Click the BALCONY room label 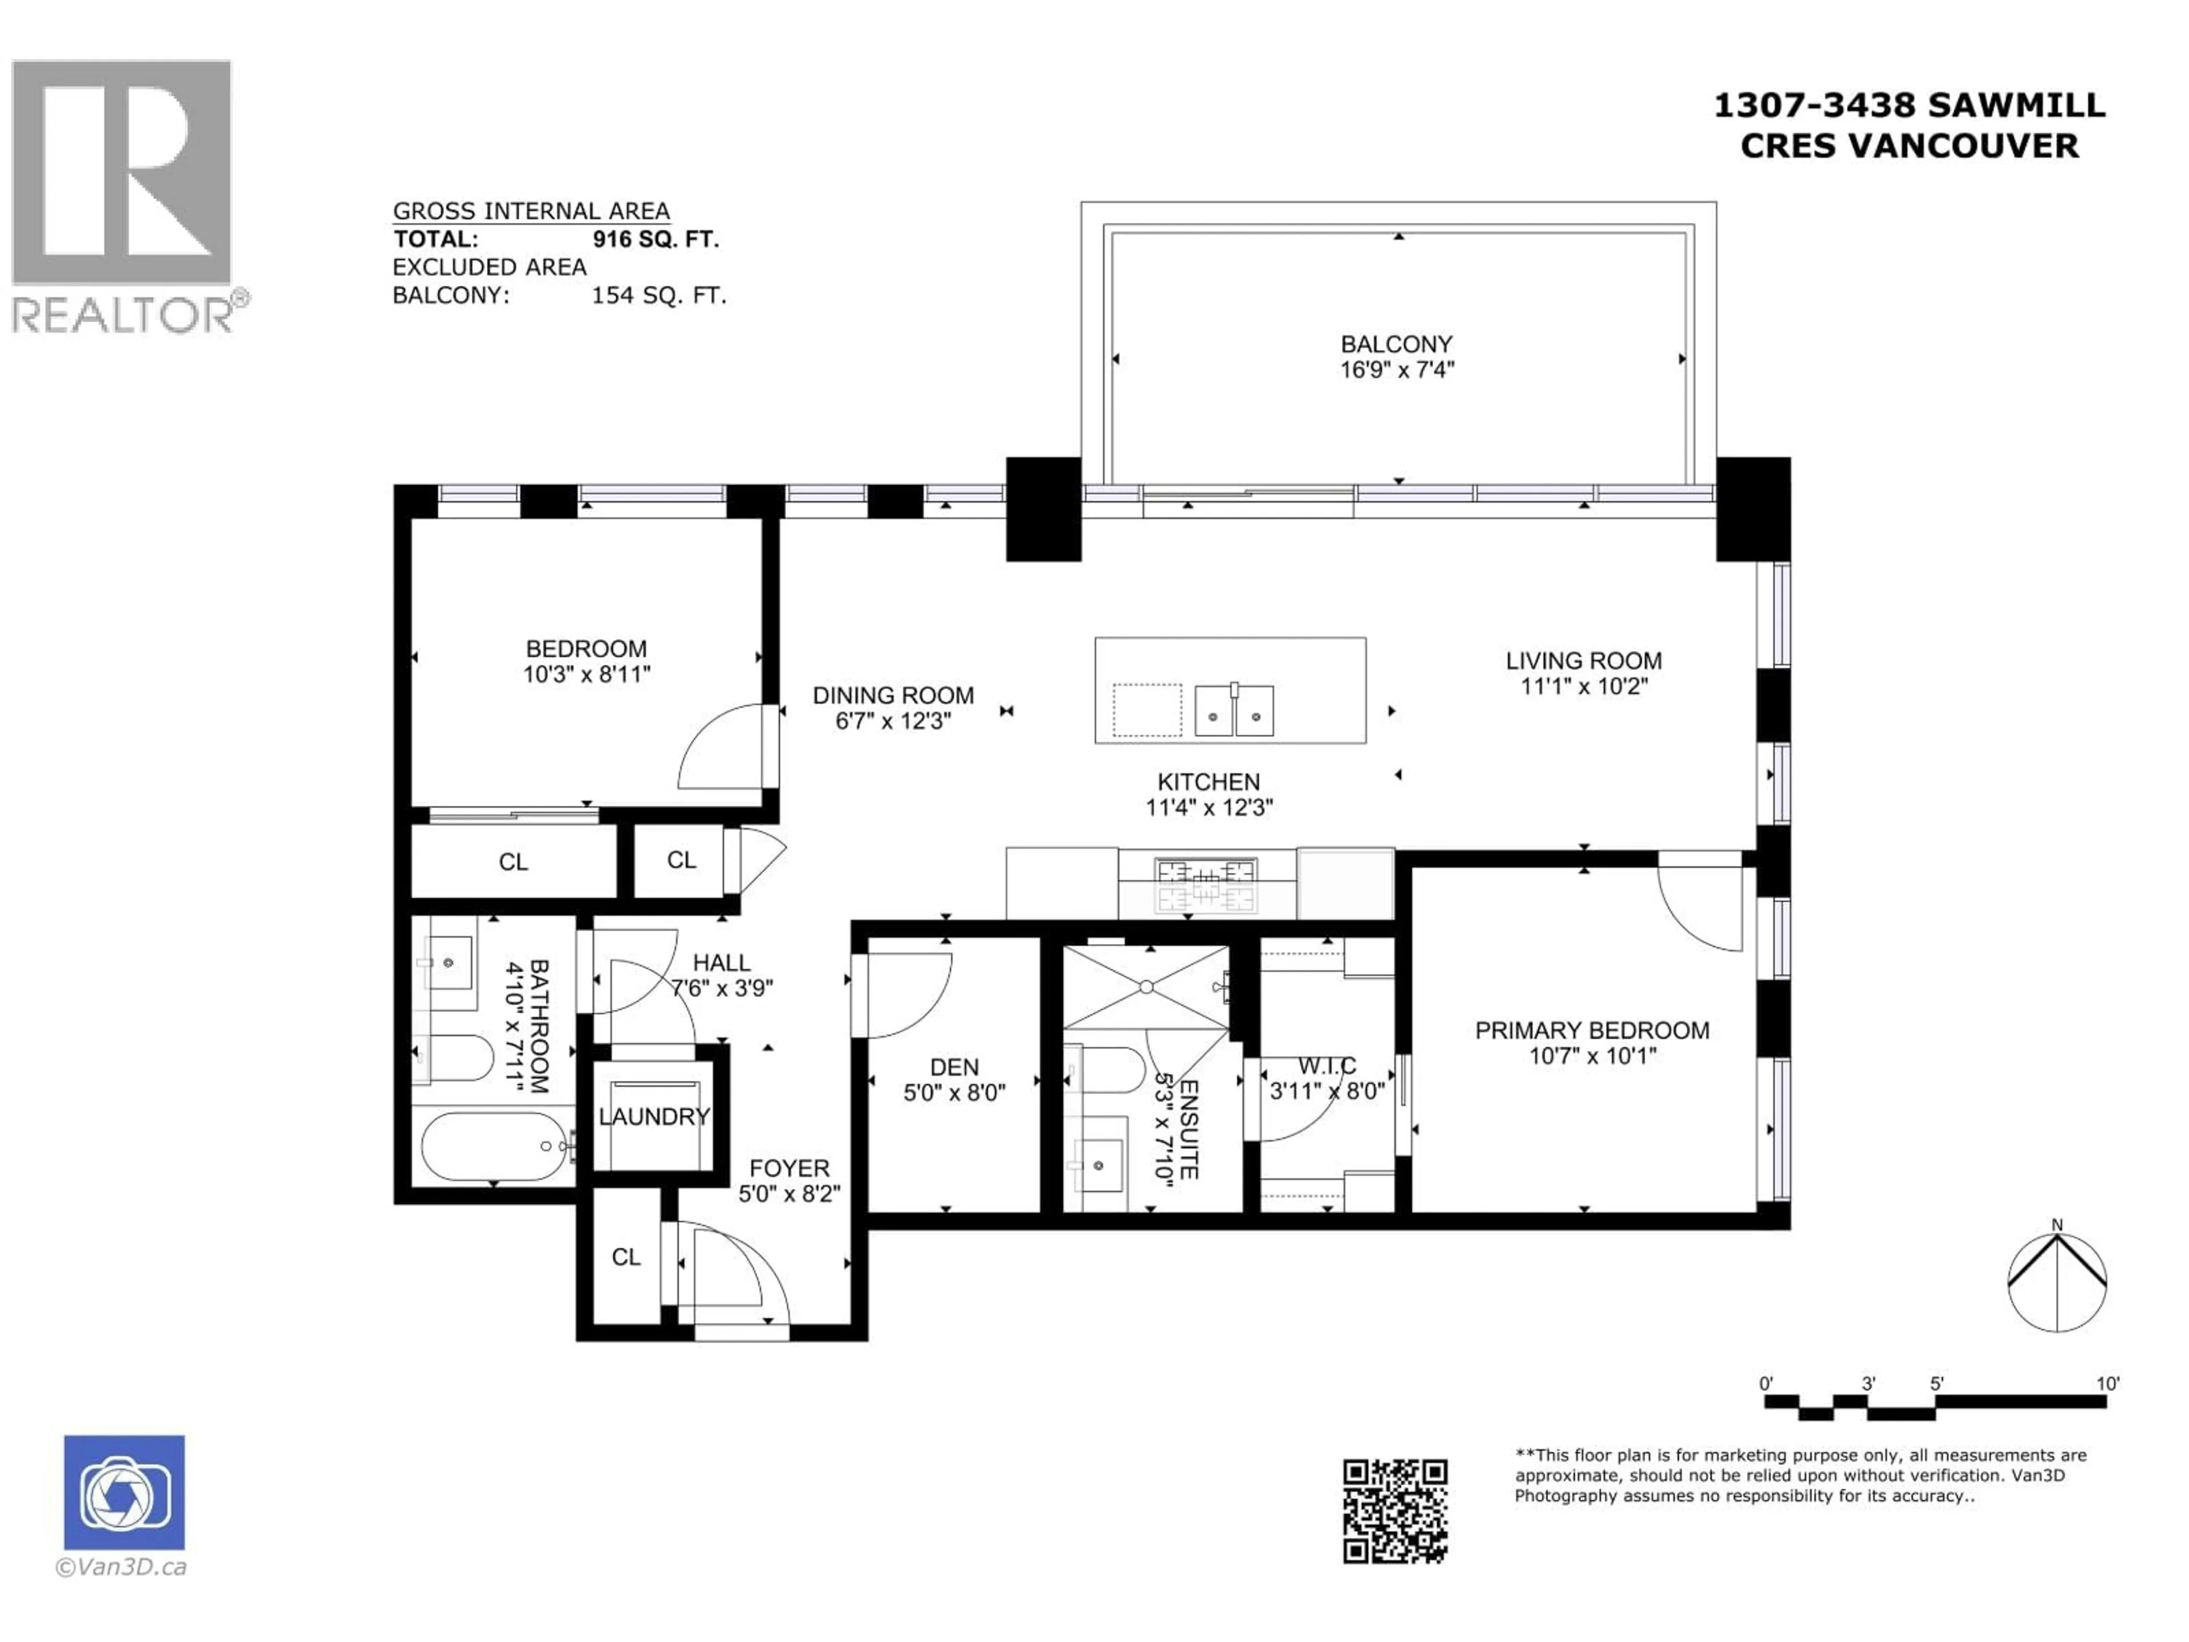point(1395,344)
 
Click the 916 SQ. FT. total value point(655,239)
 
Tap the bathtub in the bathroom point(492,1146)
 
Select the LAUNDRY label point(653,1116)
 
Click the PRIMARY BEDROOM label point(1591,1030)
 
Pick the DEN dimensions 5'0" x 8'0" point(954,1093)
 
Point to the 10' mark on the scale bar point(2107,1384)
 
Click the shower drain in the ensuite point(1145,987)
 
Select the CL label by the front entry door point(625,1257)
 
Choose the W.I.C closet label point(1327,1066)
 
